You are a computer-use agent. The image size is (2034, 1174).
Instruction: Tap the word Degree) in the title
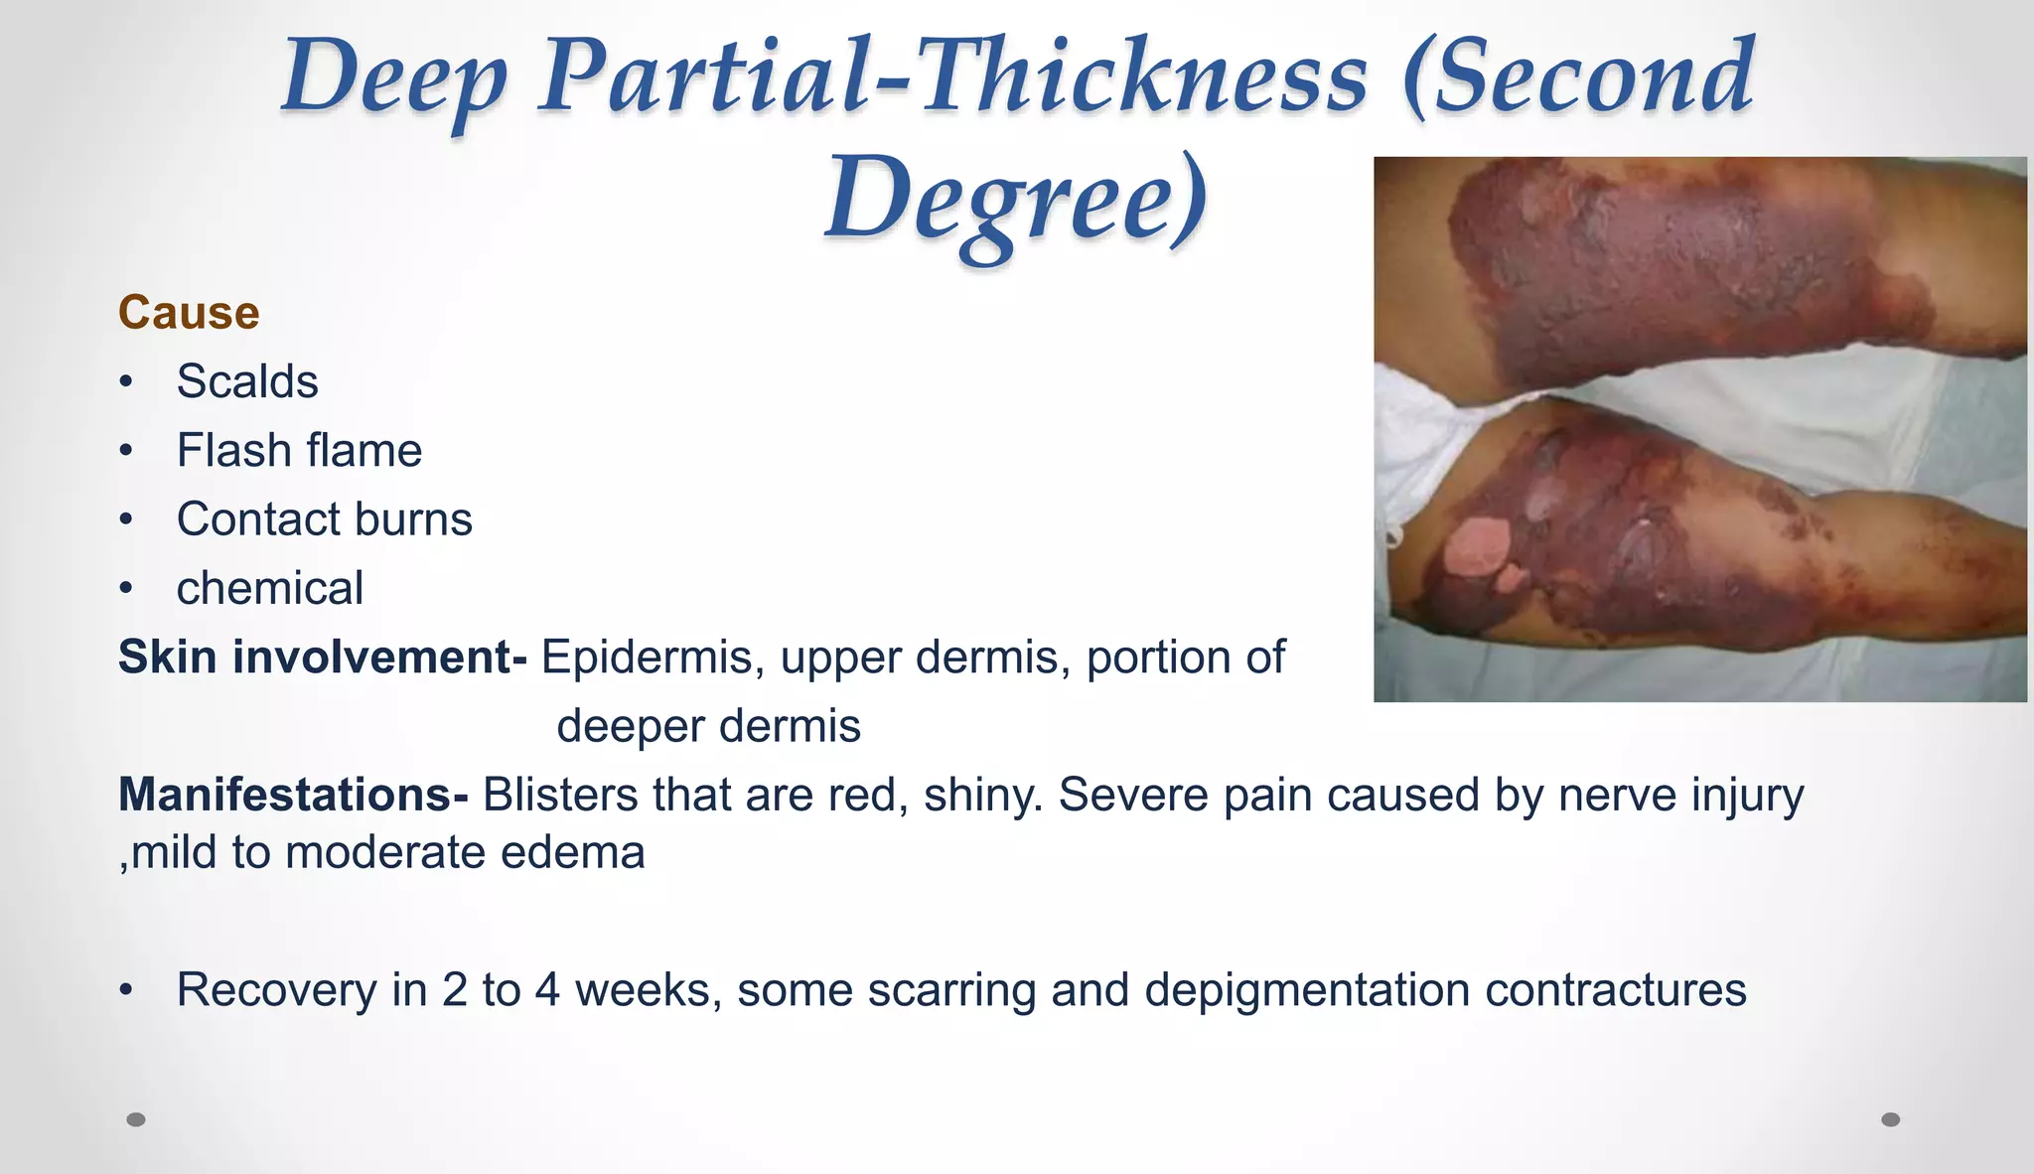[1016, 199]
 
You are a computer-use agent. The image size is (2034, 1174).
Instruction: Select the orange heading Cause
[189, 313]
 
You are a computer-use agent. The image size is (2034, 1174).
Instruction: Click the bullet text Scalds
[247, 381]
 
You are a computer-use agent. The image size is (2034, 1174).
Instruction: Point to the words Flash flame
[299, 451]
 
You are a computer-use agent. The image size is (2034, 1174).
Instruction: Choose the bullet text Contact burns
[324, 519]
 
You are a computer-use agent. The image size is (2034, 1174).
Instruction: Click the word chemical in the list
[269, 588]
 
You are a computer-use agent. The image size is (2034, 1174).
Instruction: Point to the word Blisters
[560, 795]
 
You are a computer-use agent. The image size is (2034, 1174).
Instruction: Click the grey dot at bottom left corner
[136, 1119]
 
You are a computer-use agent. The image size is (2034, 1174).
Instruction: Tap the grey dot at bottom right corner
[1891, 1119]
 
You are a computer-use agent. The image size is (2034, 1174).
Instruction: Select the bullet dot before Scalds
[125, 382]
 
